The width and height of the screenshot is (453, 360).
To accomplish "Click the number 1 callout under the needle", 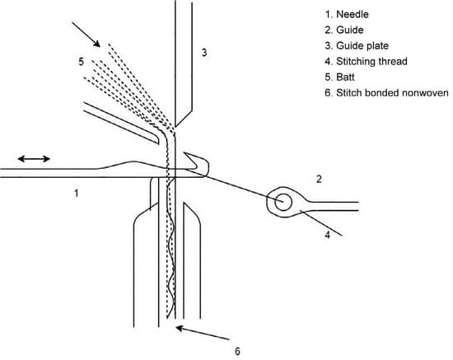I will pyautogui.click(x=76, y=194).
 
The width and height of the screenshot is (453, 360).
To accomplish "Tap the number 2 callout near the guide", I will pyautogui.click(x=319, y=178).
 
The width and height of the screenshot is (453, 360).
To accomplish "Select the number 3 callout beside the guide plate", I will pyautogui.click(x=204, y=54).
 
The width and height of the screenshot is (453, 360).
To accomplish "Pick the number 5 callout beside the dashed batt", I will pyautogui.click(x=81, y=60).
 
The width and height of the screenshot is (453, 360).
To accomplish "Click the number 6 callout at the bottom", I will pyautogui.click(x=237, y=352).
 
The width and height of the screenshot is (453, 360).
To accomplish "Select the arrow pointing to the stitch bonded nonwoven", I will pyautogui.click(x=203, y=334).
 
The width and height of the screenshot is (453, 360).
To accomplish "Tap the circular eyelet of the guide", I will pyautogui.click(x=283, y=201).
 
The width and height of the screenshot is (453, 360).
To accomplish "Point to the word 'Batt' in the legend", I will pyautogui.click(x=349, y=77).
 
